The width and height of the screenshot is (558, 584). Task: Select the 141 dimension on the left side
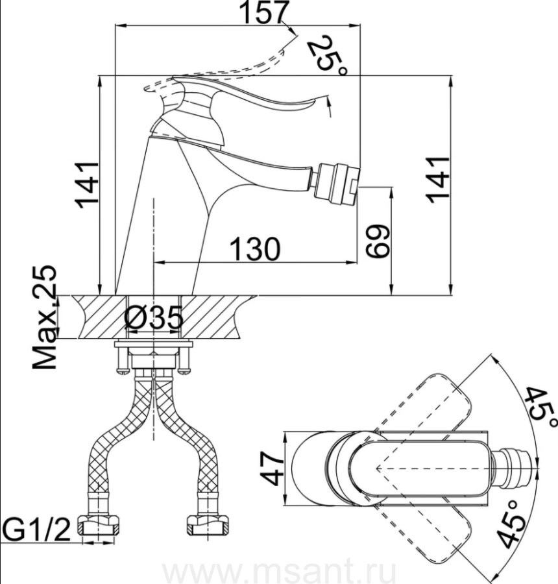pyautogui.click(x=87, y=185)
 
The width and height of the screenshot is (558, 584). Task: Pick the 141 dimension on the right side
pyautogui.click(x=439, y=180)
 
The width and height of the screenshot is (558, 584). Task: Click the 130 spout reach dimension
pyautogui.click(x=255, y=249)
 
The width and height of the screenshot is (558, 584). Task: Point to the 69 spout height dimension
pyautogui.click(x=377, y=241)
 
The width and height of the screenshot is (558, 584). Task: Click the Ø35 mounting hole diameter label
pyautogui.click(x=154, y=318)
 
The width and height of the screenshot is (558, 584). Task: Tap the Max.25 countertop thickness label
pyautogui.click(x=45, y=317)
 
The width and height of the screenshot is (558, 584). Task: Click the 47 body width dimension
pyautogui.click(x=272, y=468)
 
